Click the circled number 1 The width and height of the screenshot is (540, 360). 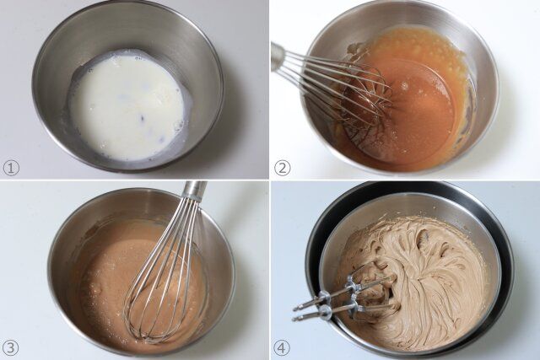(10, 168)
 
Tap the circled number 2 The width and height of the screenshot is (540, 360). (282, 168)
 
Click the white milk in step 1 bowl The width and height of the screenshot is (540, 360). (127, 105)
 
